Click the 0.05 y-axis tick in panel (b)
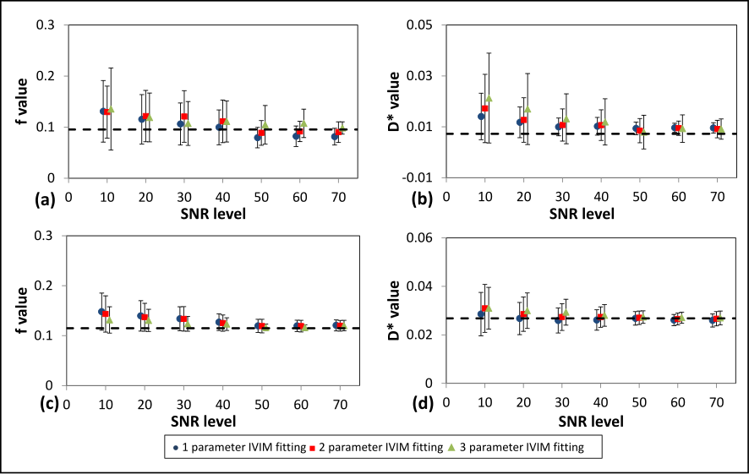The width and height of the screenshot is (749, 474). (418, 25)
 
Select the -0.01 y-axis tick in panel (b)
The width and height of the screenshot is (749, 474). (417, 178)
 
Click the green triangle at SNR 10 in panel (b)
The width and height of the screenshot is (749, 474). (489, 98)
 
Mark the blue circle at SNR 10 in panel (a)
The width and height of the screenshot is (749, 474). (103, 111)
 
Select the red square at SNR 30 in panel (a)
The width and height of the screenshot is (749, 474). (184, 117)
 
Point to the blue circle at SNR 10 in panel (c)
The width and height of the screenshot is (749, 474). (102, 312)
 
